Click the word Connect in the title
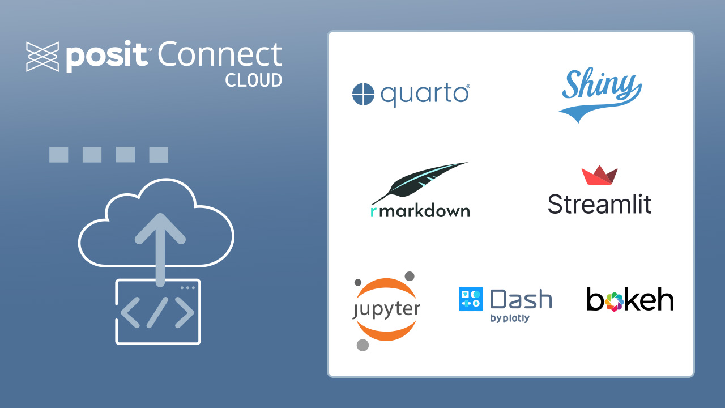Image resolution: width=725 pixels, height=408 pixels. click(x=220, y=56)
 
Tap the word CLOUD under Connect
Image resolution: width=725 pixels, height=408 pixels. click(x=253, y=80)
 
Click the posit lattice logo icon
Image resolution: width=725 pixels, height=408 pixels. click(x=42, y=57)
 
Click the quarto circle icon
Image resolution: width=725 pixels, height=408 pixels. click(x=363, y=95)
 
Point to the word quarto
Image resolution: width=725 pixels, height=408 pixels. click(x=425, y=95)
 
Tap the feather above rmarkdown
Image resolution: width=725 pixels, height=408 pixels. click(x=419, y=181)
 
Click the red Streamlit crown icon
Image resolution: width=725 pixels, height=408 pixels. click(x=599, y=176)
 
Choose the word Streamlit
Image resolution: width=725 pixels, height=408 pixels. click(x=599, y=204)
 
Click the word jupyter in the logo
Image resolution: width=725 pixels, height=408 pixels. click(x=386, y=309)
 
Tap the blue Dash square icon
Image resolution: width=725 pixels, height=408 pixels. click(x=470, y=299)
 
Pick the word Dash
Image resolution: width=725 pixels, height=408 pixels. click(x=521, y=299)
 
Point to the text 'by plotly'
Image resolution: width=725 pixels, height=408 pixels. click(x=510, y=318)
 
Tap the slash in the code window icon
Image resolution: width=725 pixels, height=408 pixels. click(x=157, y=312)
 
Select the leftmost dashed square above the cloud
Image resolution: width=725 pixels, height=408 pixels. click(x=59, y=155)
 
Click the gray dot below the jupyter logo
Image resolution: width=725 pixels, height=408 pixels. click(x=362, y=345)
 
